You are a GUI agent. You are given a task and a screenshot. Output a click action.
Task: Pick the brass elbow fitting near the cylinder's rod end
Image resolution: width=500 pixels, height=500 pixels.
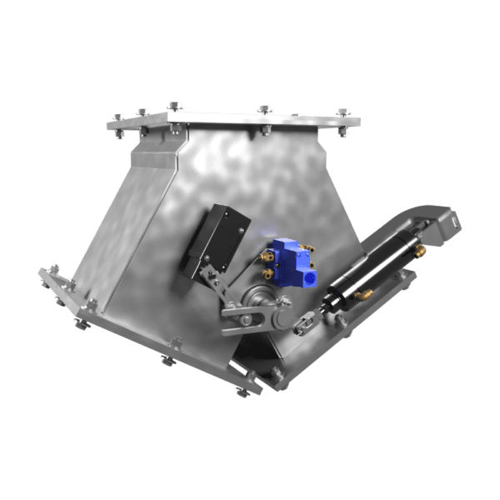coord(365,293)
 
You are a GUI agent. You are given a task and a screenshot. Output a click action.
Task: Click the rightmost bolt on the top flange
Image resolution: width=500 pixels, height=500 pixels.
coord(343,112)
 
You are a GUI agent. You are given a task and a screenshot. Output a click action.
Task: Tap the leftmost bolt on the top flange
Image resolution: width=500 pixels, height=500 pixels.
coord(119,117)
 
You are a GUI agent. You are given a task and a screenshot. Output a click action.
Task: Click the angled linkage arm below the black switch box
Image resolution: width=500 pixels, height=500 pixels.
coord(215,287)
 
